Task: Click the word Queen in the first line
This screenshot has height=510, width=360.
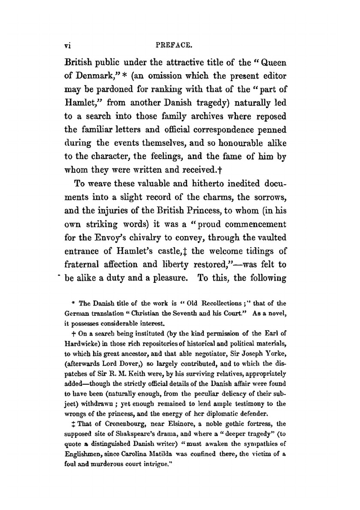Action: [273, 63]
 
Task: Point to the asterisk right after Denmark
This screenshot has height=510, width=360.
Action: [123, 76]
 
